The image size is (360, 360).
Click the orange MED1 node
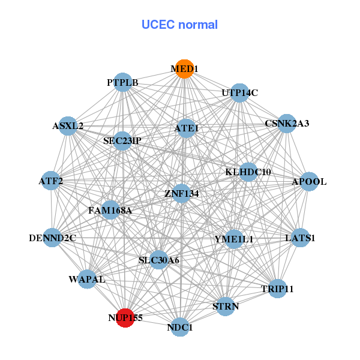[x=184, y=69]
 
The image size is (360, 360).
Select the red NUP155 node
[x=125, y=318]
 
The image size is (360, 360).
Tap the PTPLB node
[x=123, y=83]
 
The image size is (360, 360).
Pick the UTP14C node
[x=239, y=93]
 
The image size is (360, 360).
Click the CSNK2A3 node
[x=287, y=124]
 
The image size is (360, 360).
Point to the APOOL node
[x=308, y=182]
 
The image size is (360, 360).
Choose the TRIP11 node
[x=277, y=289]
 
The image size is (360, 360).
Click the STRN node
[x=226, y=307]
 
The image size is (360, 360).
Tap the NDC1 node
[x=180, y=328]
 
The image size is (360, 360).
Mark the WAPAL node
[x=87, y=280]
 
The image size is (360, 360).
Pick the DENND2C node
[x=52, y=238]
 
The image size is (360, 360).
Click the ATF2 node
[x=51, y=181]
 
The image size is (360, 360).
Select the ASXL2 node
[x=68, y=126]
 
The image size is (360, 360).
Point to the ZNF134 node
[x=182, y=193]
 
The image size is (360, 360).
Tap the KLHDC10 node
[x=248, y=172]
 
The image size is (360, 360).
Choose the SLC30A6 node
[x=158, y=260]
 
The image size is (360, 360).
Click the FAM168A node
[x=110, y=211]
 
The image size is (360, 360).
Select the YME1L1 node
[x=234, y=239]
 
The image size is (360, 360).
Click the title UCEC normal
[x=179, y=25]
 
